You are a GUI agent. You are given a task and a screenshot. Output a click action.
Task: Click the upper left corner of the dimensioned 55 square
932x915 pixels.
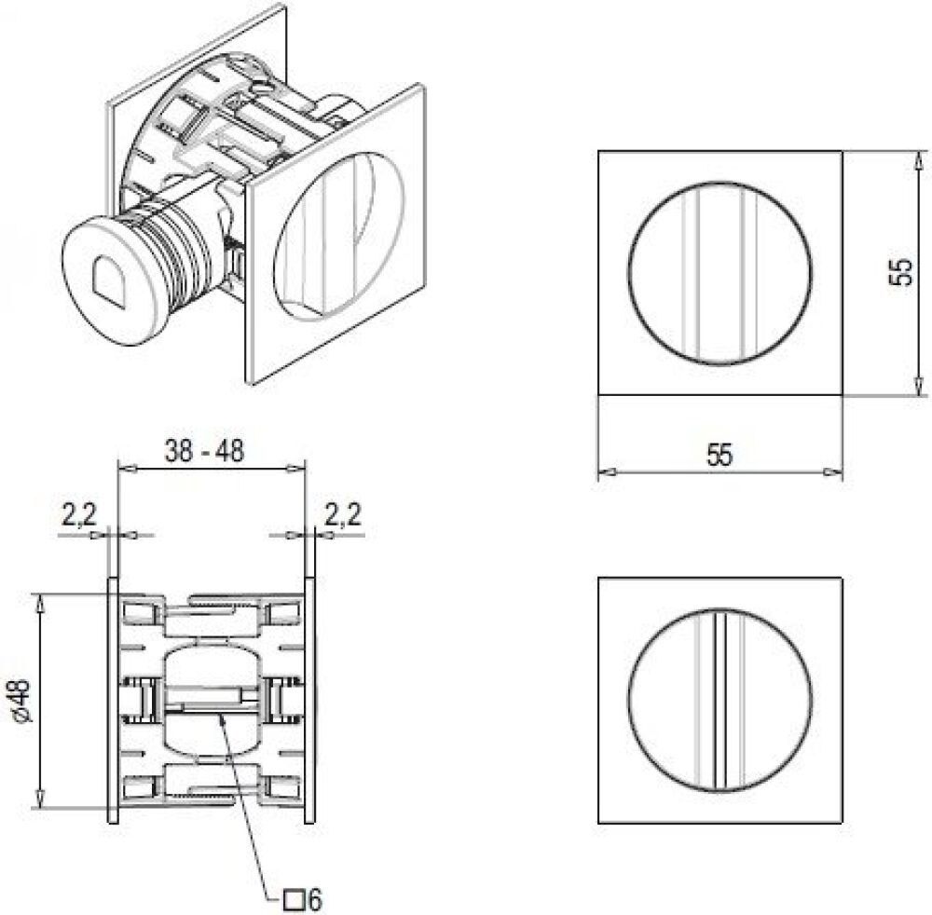[598, 152]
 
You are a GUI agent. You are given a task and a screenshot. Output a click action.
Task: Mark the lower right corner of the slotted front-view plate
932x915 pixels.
[842, 823]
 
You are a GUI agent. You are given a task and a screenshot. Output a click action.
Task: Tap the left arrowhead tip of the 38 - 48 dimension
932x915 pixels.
[119, 470]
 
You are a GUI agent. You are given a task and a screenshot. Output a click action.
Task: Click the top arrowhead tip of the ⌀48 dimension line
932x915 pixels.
[40, 594]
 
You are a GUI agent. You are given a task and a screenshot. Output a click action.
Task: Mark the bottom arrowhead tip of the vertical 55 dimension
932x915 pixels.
[919, 394]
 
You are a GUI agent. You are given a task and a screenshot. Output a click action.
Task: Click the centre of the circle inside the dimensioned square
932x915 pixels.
[720, 273]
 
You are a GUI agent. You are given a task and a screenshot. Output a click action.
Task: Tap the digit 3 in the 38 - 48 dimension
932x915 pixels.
[172, 451]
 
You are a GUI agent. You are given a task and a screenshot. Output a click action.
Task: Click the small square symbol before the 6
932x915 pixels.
[292, 899]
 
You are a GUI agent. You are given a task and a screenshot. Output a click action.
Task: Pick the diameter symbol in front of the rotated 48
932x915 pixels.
[24, 717]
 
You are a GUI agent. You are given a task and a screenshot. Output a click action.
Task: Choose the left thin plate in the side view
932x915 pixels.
[113, 700]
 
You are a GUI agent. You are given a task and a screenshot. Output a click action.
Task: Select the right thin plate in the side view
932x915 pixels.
[309, 700]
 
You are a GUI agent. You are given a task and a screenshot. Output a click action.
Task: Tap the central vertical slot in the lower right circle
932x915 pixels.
[720, 700]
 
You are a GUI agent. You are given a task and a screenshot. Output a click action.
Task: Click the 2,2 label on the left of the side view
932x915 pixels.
[78, 514]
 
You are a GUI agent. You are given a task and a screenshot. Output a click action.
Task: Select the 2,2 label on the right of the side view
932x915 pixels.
[343, 514]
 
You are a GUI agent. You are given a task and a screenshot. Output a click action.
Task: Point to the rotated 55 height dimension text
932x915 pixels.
[902, 273]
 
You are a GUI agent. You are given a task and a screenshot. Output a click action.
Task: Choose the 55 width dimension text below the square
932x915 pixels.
[720, 455]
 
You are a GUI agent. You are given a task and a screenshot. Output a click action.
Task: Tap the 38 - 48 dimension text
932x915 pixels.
[204, 451]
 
